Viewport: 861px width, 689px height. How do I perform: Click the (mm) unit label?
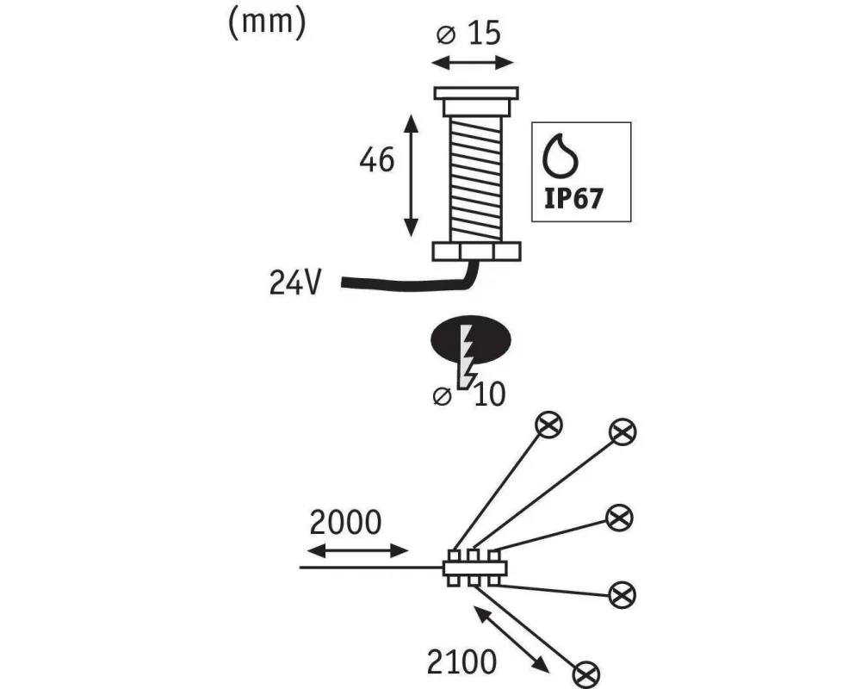click(x=267, y=23)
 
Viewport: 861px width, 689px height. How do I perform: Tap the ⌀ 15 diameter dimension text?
click(x=468, y=33)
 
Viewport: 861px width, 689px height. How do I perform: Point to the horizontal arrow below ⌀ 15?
click(x=472, y=63)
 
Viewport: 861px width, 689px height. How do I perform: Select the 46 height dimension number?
click(x=377, y=160)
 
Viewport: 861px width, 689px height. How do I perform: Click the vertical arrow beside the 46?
click(x=411, y=176)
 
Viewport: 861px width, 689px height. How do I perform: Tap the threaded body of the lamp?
click(x=475, y=178)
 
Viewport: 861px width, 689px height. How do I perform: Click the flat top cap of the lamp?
click(x=476, y=93)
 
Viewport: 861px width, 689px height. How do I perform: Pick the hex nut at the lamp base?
click(x=476, y=251)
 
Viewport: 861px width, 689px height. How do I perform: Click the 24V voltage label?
click(x=294, y=282)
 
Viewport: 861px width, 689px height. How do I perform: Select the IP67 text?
click(x=573, y=198)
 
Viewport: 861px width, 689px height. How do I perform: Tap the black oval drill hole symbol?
click(x=471, y=340)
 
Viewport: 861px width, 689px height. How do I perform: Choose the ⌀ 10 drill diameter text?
click(x=469, y=394)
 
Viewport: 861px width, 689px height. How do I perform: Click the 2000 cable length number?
click(x=345, y=523)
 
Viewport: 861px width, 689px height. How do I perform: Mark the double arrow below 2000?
click(x=357, y=550)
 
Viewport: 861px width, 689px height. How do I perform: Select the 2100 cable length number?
click(x=461, y=662)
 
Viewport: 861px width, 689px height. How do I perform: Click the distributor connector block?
click(x=475, y=568)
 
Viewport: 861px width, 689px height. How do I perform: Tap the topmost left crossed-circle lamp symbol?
click(x=549, y=425)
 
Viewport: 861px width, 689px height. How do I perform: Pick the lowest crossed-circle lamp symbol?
click(x=585, y=674)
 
